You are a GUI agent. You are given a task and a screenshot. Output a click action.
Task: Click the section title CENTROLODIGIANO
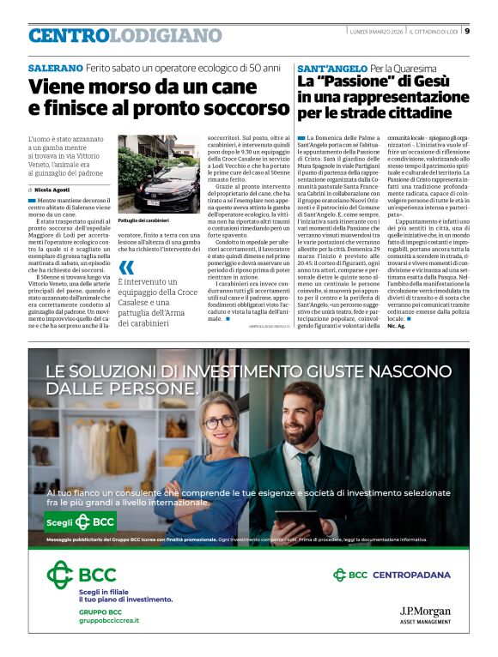[x=125, y=35]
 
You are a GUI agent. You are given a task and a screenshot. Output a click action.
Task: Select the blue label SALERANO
[x=56, y=67]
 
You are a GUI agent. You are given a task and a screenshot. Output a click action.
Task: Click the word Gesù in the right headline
[x=437, y=81]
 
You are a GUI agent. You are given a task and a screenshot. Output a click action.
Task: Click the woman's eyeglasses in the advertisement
[x=220, y=424]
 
